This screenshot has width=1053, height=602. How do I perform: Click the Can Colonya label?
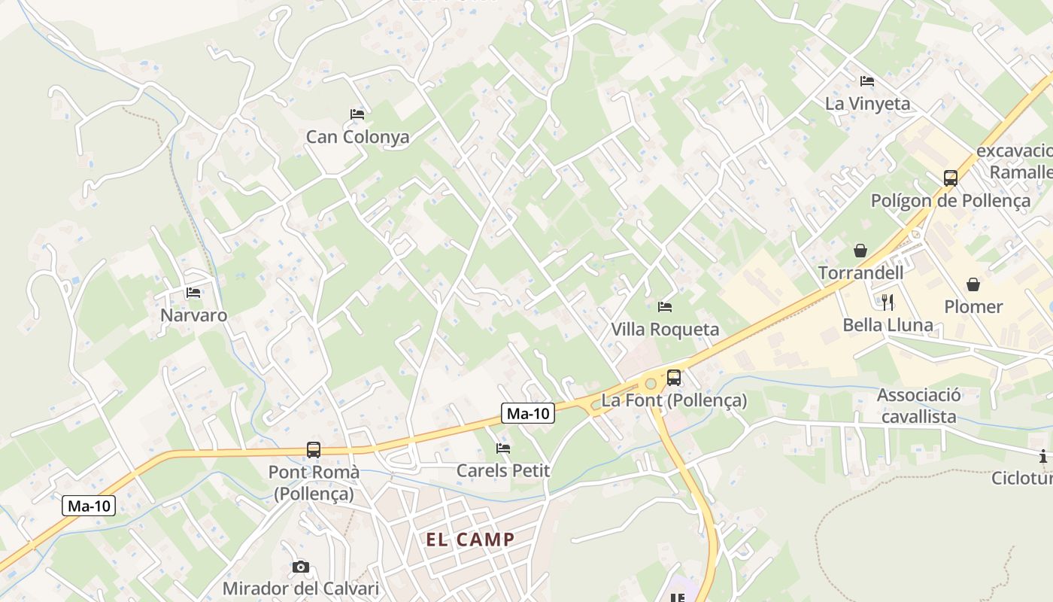[357, 137]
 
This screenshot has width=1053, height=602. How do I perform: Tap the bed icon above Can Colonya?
[357, 114]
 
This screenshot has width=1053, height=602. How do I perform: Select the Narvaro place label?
[193, 315]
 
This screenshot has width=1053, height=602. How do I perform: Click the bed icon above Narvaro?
[193, 293]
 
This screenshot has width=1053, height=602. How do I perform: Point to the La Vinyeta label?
[867, 104]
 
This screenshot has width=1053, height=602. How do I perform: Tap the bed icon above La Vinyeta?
[867, 81]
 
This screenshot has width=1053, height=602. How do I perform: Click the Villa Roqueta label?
[665, 330]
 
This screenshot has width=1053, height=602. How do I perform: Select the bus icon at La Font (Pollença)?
[674, 378]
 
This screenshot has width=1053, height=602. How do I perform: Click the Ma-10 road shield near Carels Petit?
[528, 413]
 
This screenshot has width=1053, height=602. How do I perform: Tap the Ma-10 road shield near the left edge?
[90, 506]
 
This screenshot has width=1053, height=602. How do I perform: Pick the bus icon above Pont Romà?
[314, 450]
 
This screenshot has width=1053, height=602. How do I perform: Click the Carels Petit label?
[503, 471]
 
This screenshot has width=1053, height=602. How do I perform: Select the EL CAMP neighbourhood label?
[471, 540]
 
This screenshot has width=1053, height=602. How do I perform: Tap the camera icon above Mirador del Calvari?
[300, 567]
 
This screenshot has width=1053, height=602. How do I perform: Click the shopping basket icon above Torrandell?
[860, 251]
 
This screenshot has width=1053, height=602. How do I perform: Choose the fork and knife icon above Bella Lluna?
[888, 303]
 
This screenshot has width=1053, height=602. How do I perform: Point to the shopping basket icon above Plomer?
[973, 284]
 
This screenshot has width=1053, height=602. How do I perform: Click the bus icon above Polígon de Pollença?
[951, 178]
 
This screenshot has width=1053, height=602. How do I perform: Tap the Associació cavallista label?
[918, 406]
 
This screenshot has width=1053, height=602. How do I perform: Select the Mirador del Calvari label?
[300, 588]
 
